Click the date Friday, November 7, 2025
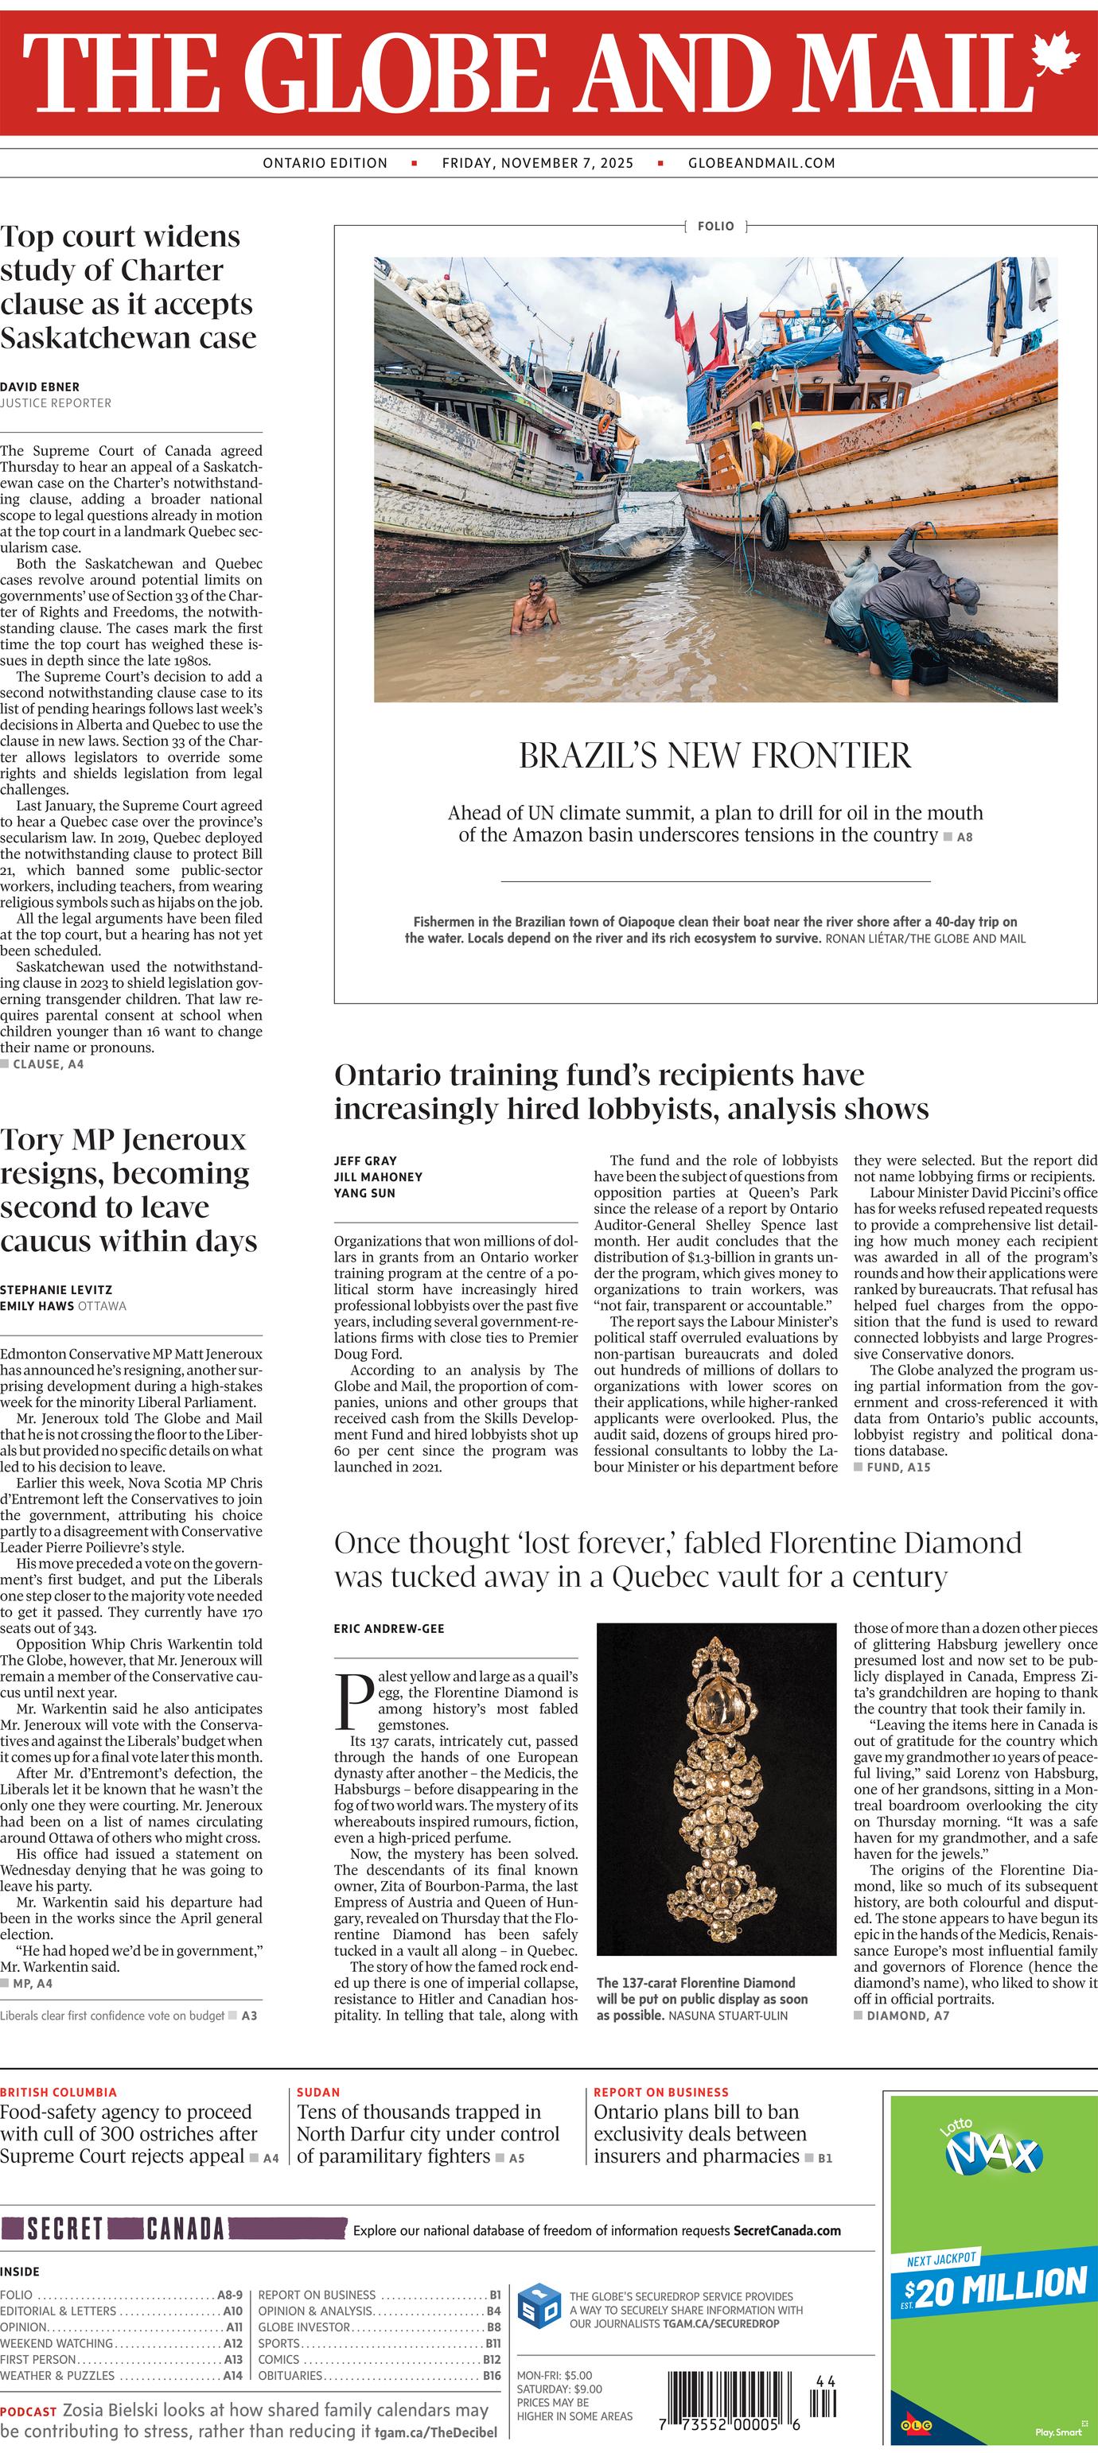(537, 163)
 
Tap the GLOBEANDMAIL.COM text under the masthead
(761, 163)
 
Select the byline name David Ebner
(40, 387)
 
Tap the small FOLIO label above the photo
(715, 226)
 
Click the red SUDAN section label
(318, 2092)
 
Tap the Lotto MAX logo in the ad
(991, 2150)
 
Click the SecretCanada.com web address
(787, 2230)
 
